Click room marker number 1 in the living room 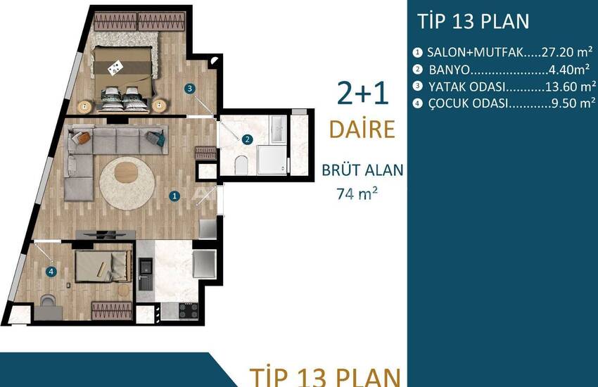pos(174,196)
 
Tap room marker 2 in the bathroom pos(247,139)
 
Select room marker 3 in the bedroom pos(189,89)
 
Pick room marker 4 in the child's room pos(51,272)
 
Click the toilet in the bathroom pos(241,165)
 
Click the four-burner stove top pos(189,310)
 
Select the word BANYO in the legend pos(450,70)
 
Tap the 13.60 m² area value pos(571,87)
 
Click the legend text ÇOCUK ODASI pos(468,103)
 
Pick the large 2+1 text pos(363,94)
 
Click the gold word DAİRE pos(362,129)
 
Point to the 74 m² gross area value pos(357,193)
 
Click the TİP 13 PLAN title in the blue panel pos(473,21)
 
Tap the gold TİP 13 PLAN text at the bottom pos(325,377)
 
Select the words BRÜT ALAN pos(362,170)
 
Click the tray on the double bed pos(115,68)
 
